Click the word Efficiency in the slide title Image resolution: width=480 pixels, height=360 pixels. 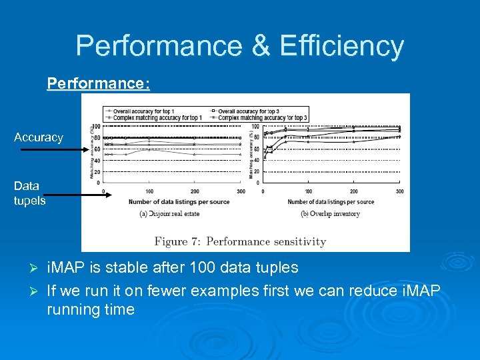(x=342, y=46)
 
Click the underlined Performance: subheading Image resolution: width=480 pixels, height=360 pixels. (x=98, y=84)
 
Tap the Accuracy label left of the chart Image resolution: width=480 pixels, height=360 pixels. (x=39, y=137)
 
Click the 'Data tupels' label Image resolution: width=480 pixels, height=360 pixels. (x=29, y=193)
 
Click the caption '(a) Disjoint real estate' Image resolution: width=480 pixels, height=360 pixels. (x=169, y=213)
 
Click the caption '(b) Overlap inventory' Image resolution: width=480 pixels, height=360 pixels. (x=330, y=213)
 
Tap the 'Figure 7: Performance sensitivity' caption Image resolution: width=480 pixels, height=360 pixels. (x=240, y=241)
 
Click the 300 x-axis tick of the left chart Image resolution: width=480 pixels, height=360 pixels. (x=241, y=191)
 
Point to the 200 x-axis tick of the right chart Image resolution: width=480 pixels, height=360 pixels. (x=354, y=191)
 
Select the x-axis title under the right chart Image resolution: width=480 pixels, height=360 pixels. (x=331, y=202)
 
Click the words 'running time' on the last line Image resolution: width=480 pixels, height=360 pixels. (x=91, y=309)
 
